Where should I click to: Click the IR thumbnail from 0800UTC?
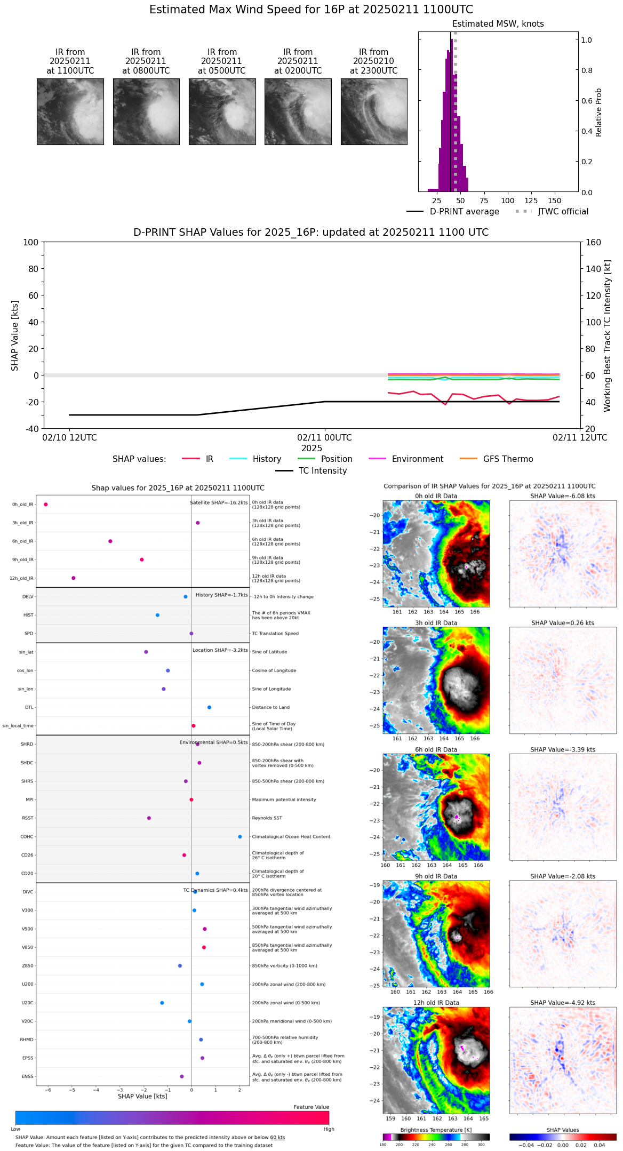pyautogui.click(x=146, y=111)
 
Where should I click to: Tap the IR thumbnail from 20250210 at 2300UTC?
pyautogui.click(x=374, y=111)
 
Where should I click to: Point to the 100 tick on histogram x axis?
pyautogui.click(x=508, y=201)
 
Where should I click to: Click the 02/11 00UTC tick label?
pyautogui.click(x=324, y=438)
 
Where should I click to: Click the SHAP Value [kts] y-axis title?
pyautogui.click(x=15, y=335)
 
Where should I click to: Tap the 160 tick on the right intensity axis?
pyautogui.click(x=594, y=242)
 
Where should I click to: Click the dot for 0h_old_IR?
pyautogui.click(x=46, y=505)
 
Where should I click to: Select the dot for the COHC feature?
pyautogui.click(x=240, y=837)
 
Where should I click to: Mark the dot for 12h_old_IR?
pyautogui.click(x=74, y=578)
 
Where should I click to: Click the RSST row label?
pyautogui.click(x=28, y=818)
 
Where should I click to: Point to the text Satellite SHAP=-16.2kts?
pyautogui.click(x=219, y=503)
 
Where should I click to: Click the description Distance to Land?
pyautogui.click(x=271, y=708)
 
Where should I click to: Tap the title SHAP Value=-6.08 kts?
pyautogui.click(x=563, y=496)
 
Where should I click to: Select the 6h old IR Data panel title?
pyautogui.click(x=436, y=750)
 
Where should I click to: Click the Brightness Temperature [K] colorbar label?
pyautogui.click(x=436, y=1130)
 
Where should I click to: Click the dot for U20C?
pyautogui.click(x=162, y=1003)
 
